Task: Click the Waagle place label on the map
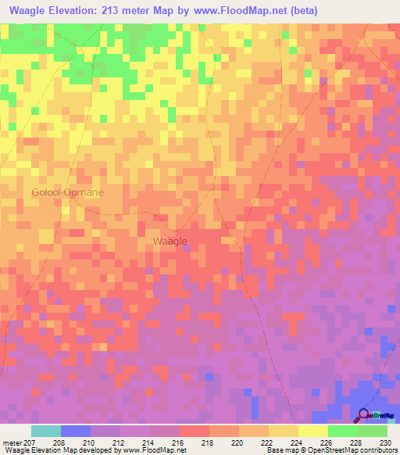pyautogui.click(x=169, y=242)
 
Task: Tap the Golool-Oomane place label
pyautogui.click(x=67, y=192)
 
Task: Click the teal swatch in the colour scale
pyautogui.click(x=46, y=431)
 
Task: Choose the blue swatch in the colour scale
pyautogui.click(x=76, y=431)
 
